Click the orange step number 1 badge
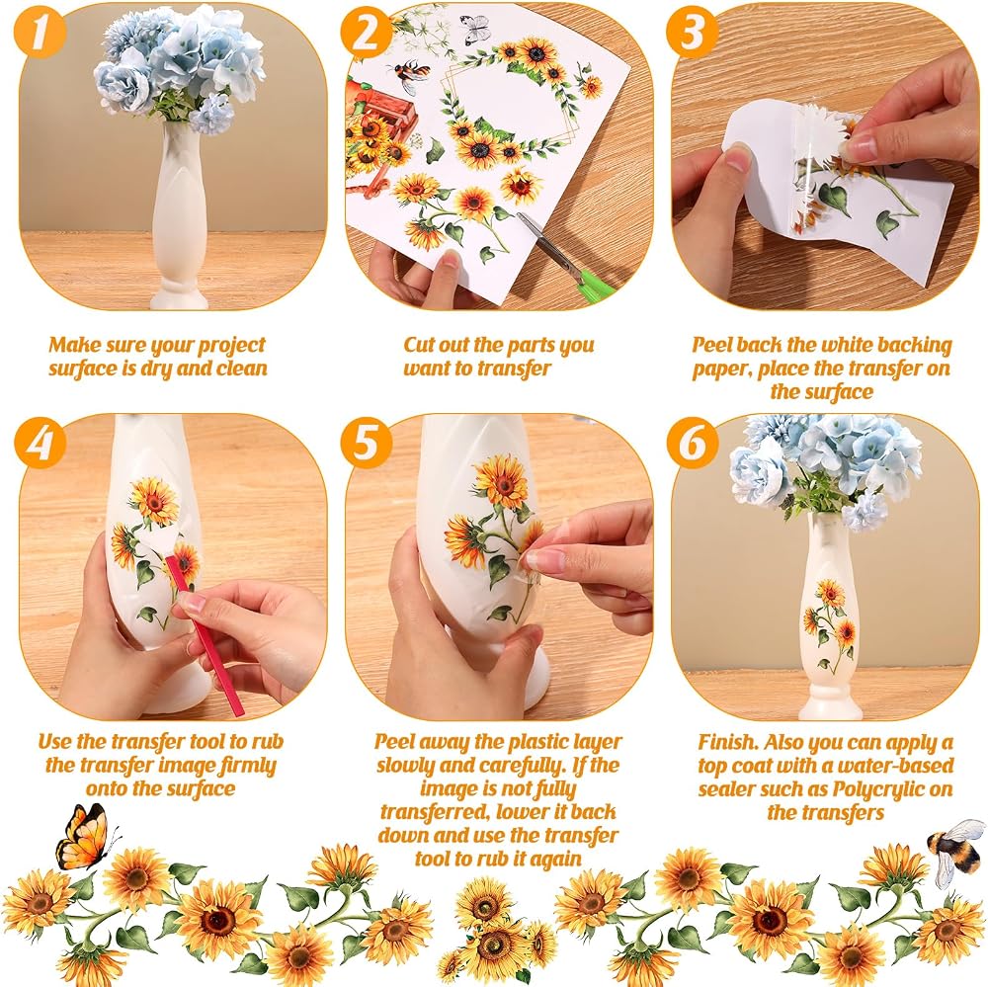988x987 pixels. pos(41,33)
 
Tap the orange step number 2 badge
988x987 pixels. pos(367,33)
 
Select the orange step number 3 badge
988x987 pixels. pos(692,33)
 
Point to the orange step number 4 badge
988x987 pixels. pos(41,443)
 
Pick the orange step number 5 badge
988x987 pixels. pos(367,443)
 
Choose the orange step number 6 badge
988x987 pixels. pos(692,443)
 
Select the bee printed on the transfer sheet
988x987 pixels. pos(410,76)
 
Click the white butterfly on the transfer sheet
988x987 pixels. pos(475,29)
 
